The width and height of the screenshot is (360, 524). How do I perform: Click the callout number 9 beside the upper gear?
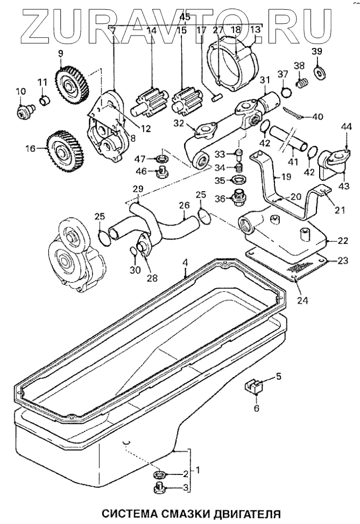60,53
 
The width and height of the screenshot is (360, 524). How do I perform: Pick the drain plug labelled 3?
160,488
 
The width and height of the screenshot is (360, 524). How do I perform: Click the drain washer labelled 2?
160,474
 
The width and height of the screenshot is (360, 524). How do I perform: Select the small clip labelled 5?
253,386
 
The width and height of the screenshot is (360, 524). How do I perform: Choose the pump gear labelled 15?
184,101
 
